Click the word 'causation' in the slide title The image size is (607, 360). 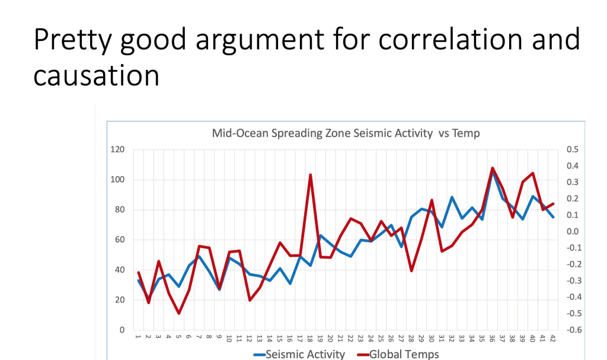tap(96, 75)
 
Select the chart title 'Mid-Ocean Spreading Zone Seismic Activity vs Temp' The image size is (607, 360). tap(346, 133)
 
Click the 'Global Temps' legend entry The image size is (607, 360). tap(404, 354)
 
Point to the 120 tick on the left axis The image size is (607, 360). tap(117, 149)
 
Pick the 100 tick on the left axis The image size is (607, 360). tap(117, 180)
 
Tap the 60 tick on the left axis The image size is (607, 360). tap(119, 240)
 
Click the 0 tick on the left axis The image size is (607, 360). tap(122, 330)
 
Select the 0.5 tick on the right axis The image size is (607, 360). tap(573, 149)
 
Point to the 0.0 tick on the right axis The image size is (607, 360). tap(573, 231)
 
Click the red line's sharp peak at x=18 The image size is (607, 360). tap(311, 175)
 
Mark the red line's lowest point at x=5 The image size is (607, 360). tap(179, 313)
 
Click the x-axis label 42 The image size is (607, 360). tap(552, 338)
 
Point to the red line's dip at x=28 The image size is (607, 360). tap(411, 271)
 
